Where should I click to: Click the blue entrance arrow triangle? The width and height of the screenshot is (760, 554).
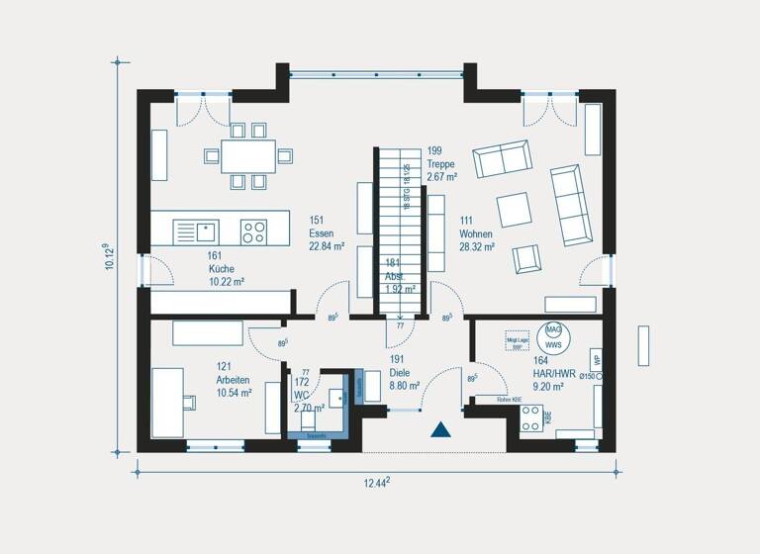pos(440,429)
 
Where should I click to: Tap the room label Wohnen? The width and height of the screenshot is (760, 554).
pos(476,233)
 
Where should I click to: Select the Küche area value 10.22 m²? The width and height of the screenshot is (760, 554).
pos(226,281)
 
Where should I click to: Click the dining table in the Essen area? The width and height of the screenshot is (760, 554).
pos(248,155)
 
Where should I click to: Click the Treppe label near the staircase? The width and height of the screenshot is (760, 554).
pos(442,164)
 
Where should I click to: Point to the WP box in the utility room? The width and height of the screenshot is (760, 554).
pos(595,358)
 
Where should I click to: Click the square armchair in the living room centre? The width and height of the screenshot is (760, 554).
pos(514,209)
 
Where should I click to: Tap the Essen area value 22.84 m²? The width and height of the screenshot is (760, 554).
pos(326,246)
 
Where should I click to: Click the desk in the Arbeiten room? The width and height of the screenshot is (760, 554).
pos(167,401)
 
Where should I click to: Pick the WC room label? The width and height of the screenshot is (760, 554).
pos(301,394)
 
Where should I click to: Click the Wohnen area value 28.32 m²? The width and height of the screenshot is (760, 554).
pos(476,247)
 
